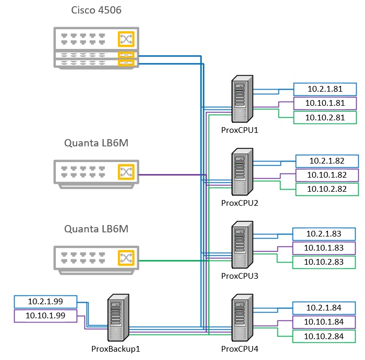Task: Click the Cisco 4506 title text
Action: click(x=96, y=11)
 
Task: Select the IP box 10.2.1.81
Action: click(x=324, y=89)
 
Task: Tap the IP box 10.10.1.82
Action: click(x=327, y=175)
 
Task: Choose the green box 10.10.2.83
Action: click(x=324, y=263)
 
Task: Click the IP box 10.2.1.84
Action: click(x=324, y=308)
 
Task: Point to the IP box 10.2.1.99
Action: click(x=45, y=302)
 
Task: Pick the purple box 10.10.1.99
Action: click(x=45, y=316)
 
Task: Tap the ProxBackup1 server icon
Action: click(x=118, y=318)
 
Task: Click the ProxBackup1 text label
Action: click(x=115, y=349)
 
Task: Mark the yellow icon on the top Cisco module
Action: click(x=126, y=39)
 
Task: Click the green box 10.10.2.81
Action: click(x=324, y=118)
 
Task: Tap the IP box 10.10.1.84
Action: click(x=324, y=322)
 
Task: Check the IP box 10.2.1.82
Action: click(x=327, y=161)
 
